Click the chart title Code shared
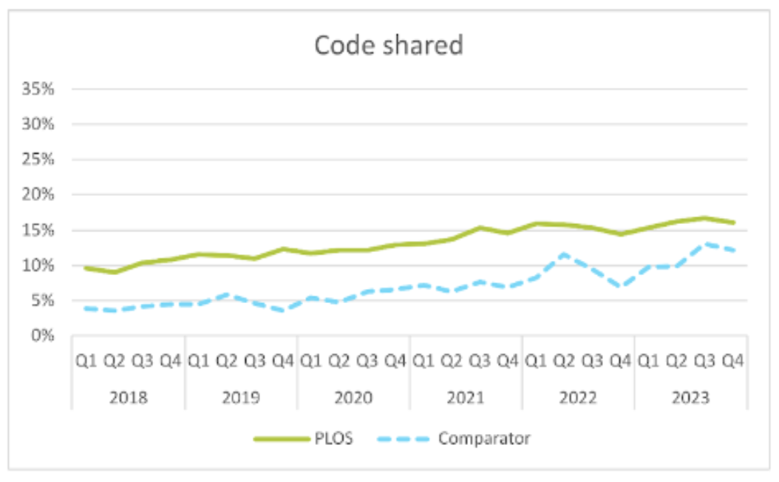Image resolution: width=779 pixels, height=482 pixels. pos(389,46)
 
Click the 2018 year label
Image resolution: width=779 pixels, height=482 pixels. pos(128,398)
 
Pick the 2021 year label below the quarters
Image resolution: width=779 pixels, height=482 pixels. pos(466,398)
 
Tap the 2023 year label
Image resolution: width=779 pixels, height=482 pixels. pos(690,398)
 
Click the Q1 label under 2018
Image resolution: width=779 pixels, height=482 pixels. pos(86,361)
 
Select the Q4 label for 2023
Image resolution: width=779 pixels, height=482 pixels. pos(732,361)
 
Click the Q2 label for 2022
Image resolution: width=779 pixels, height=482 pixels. pos(564,361)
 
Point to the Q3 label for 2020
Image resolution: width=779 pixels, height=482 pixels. pos(367,361)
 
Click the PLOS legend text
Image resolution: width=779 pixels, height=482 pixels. pos(337,438)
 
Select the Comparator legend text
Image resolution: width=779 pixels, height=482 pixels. pos(483,438)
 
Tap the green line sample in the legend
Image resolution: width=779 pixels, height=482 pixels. pos(281,438)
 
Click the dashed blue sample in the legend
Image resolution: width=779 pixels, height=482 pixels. pos(405,438)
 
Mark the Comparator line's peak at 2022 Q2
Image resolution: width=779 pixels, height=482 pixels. pos(564,254)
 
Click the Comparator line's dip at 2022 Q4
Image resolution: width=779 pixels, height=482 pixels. pos(620,286)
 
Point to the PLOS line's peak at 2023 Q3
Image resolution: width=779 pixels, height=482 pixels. pos(704,218)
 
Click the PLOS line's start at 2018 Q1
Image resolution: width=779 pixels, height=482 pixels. pos(86,268)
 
